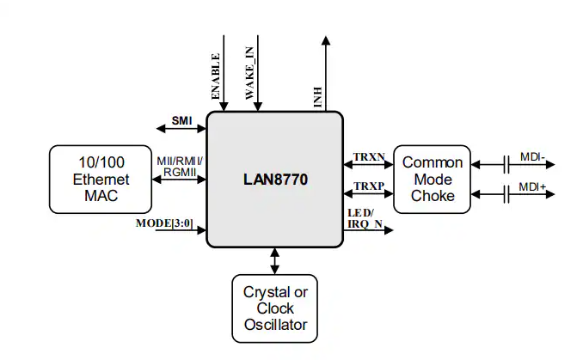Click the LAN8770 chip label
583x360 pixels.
tap(275, 181)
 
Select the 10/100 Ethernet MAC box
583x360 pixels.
tap(101, 179)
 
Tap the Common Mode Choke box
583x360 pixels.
tap(433, 179)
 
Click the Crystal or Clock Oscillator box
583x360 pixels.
tap(275, 308)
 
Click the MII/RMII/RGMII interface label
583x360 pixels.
tap(180, 167)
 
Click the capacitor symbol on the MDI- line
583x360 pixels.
tap(506, 163)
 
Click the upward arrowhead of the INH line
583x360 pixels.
tap(326, 40)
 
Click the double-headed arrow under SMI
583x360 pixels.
tap(181, 129)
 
